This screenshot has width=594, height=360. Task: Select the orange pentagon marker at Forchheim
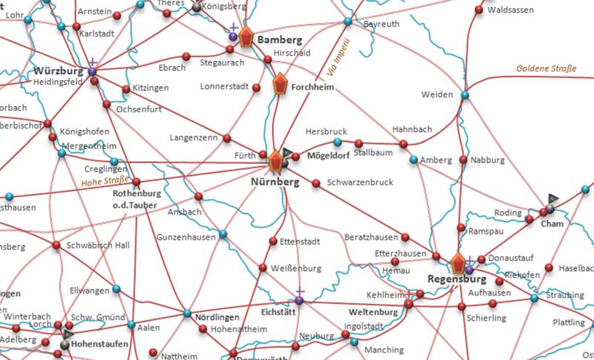[280, 84]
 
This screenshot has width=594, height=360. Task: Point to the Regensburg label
[457, 279]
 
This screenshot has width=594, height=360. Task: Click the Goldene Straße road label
[546, 68]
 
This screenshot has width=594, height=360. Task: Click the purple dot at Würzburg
[92, 71]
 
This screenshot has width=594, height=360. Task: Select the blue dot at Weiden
[465, 95]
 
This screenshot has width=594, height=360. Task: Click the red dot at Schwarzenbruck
[316, 183]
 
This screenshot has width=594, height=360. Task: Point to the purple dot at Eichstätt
[298, 300]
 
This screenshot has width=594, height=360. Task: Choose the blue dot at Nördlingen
[186, 312]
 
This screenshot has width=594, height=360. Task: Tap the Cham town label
[552, 223]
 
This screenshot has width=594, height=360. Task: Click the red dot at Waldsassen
[480, 10]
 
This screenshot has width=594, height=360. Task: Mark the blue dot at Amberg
[414, 160]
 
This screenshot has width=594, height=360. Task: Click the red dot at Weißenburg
[262, 267]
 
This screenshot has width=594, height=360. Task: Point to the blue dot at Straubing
[534, 298]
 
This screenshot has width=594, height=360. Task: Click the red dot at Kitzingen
[126, 88]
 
